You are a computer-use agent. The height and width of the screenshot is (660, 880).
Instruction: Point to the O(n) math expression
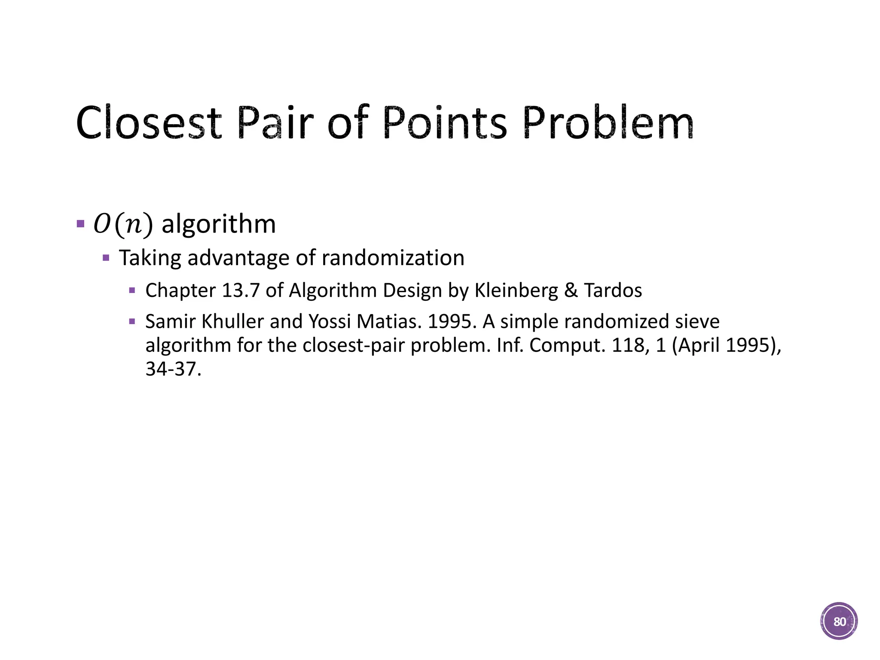tap(123, 224)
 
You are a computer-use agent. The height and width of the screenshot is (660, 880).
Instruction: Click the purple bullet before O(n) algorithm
tap(80, 224)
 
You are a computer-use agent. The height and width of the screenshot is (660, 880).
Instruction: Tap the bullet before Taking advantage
tap(106, 258)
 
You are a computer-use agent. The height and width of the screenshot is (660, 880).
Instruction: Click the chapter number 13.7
tap(241, 290)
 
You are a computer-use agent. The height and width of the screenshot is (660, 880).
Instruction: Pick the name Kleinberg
tap(516, 290)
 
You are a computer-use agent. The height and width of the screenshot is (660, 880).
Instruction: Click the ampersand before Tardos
tap(571, 290)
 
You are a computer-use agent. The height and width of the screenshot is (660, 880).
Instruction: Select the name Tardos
tap(613, 290)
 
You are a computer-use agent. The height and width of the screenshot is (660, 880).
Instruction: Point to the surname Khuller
tap(232, 321)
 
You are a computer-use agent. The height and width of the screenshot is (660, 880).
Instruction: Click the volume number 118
tap(630, 345)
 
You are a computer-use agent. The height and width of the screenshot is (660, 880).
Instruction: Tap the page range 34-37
tap(173, 369)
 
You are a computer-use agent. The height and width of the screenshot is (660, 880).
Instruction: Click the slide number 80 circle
tap(839, 621)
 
